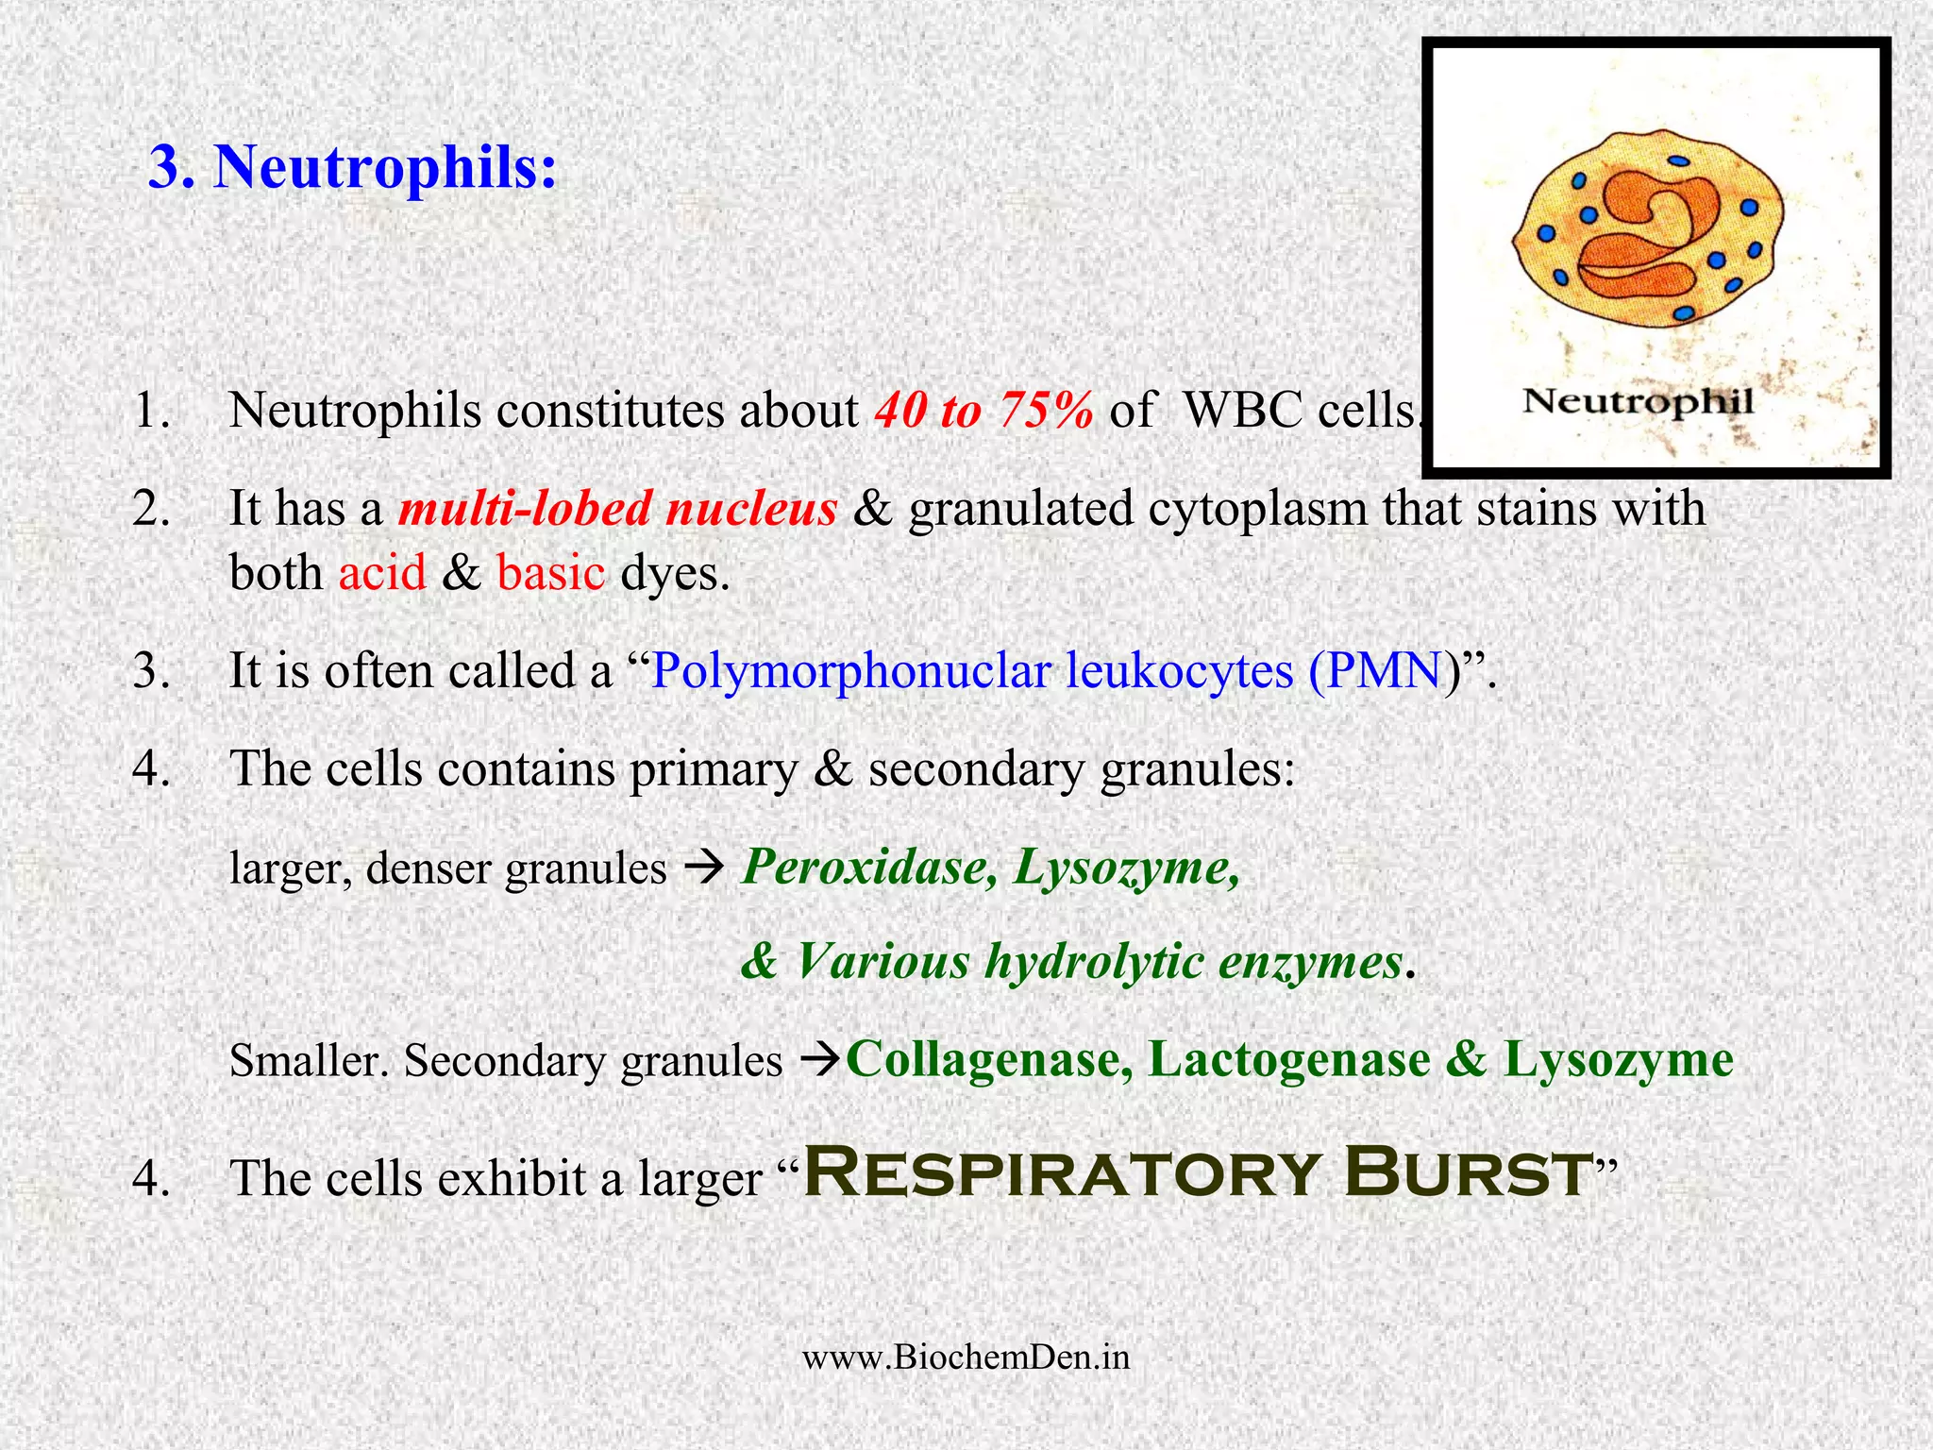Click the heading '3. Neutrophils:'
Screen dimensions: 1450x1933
353,167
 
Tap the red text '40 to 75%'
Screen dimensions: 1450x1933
983,411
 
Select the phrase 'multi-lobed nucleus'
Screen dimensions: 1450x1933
617,508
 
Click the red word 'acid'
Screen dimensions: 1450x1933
382,572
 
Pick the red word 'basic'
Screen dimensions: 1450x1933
550,572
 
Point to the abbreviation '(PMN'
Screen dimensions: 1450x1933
1375,670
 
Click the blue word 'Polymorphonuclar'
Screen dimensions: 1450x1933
850,672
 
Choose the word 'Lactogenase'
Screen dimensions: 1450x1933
1288,1059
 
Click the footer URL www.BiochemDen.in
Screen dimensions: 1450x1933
966,1357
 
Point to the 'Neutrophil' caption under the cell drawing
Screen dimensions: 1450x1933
1639,401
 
